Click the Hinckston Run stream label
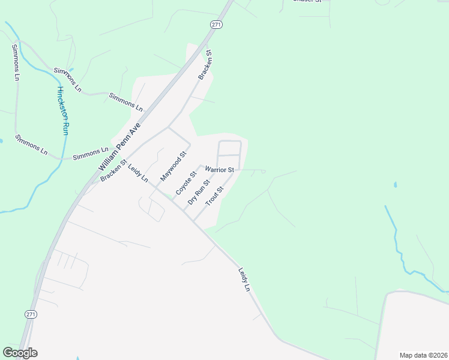click(x=63, y=110)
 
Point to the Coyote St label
click(x=186, y=182)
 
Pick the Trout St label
click(x=214, y=196)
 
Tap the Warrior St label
click(x=219, y=170)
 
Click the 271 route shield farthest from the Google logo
click(x=217, y=24)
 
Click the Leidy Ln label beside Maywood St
click(x=138, y=173)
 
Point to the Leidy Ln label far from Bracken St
click(x=244, y=280)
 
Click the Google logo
click(x=20, y=352)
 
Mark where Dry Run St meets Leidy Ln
click(x=182, y=209)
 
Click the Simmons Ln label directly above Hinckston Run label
click(x=67, y=79)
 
